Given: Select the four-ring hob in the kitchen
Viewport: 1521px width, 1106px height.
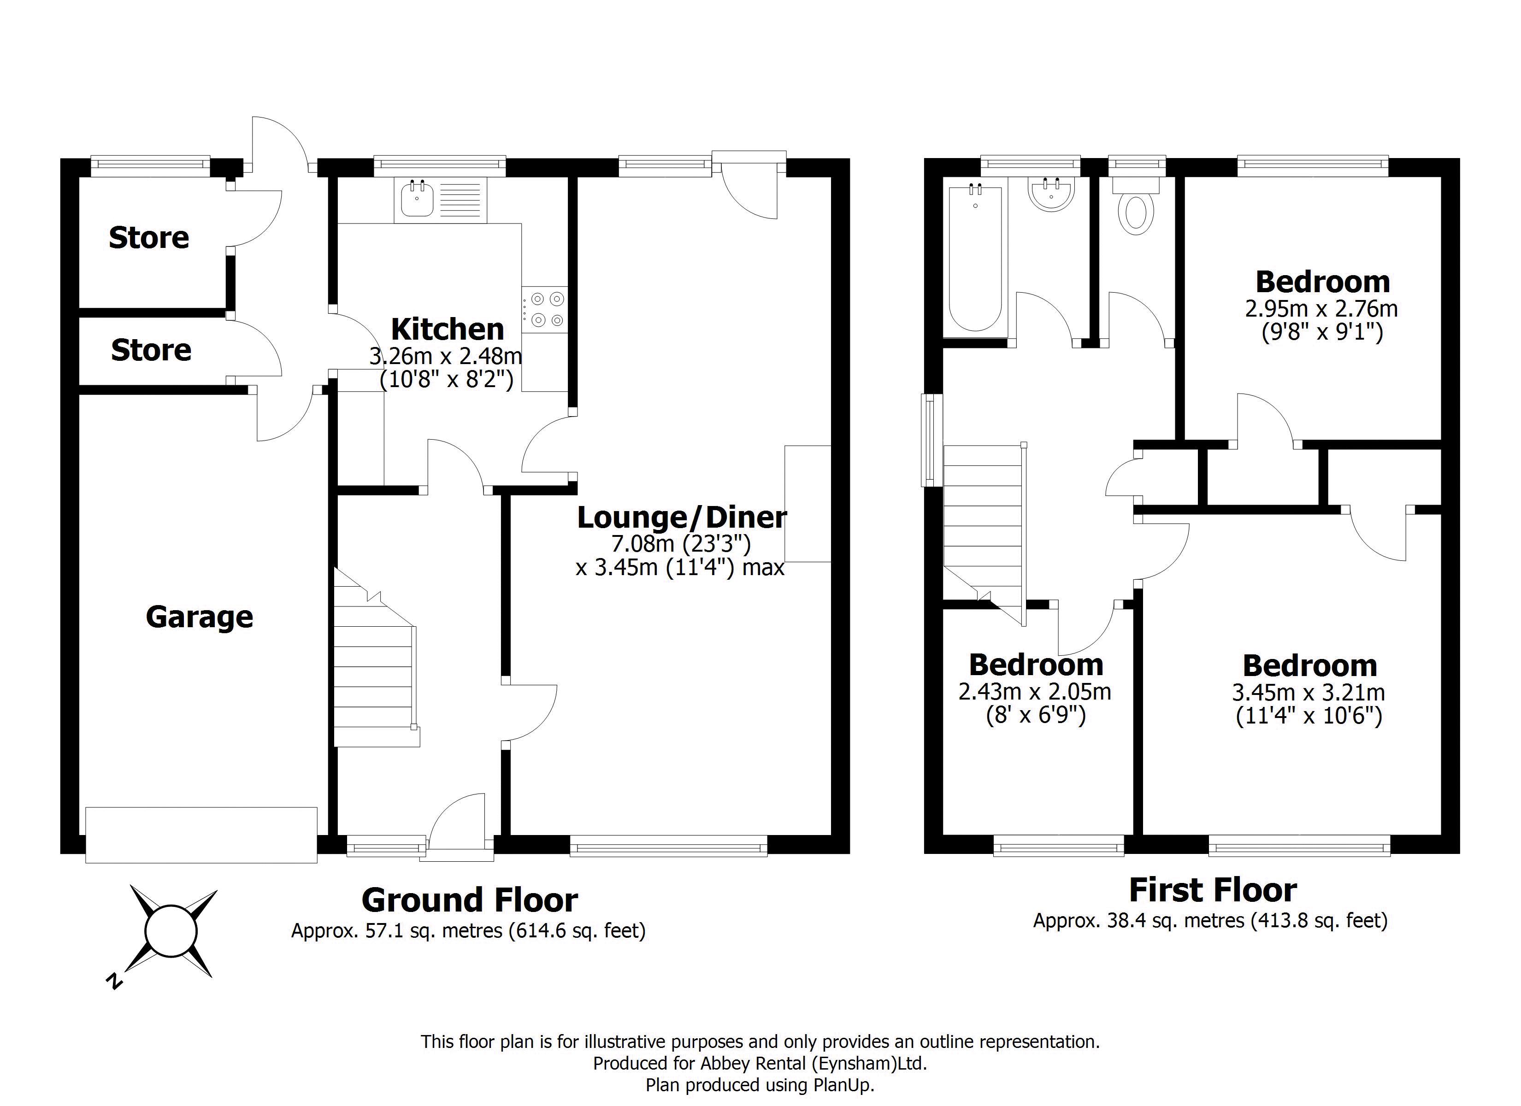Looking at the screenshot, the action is (x=544, y=309).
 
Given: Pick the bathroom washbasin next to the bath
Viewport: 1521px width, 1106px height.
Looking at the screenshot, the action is (x=1051, y=194).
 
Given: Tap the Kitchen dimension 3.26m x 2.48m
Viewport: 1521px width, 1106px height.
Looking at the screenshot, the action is (x=446, y=355).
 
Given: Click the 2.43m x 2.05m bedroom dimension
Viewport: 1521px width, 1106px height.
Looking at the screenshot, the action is (x=1035, y=692).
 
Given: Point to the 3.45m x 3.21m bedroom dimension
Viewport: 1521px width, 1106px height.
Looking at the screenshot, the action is (x=1309, y=692).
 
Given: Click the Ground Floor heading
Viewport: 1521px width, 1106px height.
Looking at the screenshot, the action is (x=470, y=900).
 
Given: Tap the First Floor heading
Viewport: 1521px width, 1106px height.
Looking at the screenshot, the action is (x=1213, y=890).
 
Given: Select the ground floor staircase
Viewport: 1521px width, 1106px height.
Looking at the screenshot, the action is (x=376, y=657).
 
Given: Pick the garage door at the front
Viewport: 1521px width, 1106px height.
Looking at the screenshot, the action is (x=201, y=835).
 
